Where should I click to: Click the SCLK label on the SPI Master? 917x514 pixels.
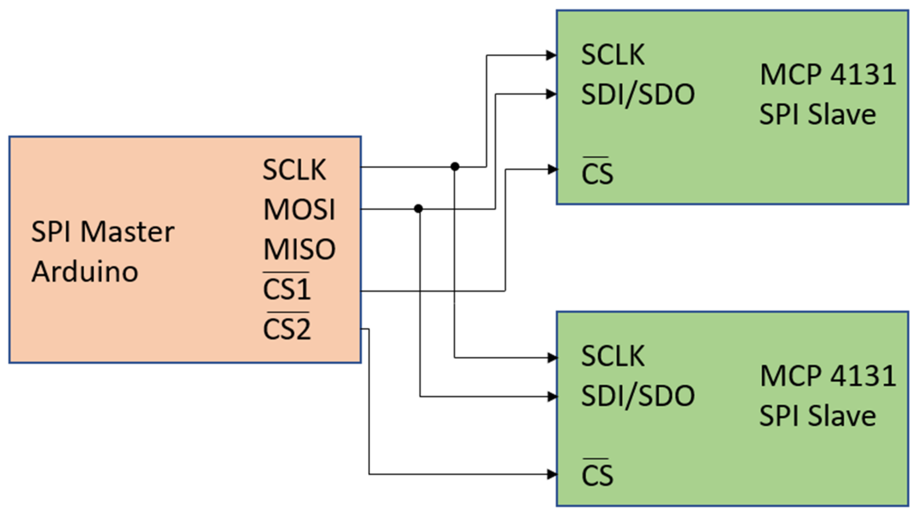[294, 170]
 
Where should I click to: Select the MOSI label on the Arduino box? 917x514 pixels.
[299, 209]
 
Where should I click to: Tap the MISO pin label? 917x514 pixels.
[299, 249]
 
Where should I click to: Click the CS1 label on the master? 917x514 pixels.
[286, 288]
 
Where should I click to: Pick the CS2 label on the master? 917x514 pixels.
[286, 328]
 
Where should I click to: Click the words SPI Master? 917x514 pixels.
[102, 232]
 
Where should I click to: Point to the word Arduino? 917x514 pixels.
[85, 272]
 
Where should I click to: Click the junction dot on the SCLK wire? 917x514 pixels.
[454, 166]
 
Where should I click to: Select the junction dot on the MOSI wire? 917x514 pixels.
[418, 209]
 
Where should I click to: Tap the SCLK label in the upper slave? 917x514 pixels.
[613, 55]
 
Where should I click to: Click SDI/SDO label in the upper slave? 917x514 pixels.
[638, 95]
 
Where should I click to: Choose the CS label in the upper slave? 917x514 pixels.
[597, 173]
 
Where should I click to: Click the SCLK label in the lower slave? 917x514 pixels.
[613, 356]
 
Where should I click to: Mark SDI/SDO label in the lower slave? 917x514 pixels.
[638, 396]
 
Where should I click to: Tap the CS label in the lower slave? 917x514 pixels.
[597, 474]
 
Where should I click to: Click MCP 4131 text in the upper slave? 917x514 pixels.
[828, 75]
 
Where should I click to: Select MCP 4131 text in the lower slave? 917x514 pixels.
[828, 376]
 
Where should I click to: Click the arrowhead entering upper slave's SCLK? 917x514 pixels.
[551, 55]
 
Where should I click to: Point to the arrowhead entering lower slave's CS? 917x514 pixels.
[552, 474]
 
